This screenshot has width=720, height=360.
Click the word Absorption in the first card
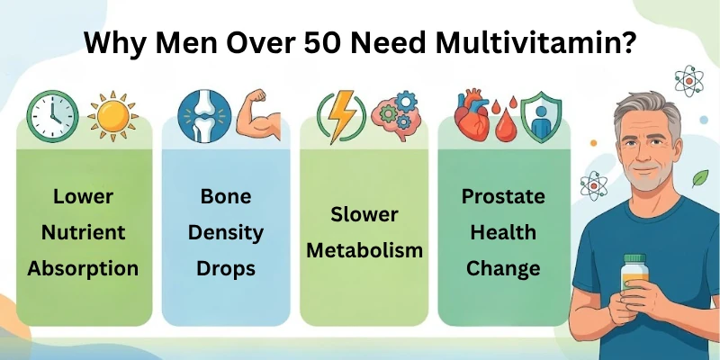pyautogui.click(x=83, y=268)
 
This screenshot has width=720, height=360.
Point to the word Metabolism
pyautogui.click(x=364, y=250)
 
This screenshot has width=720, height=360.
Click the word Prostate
pyautogui.click(x=503, y=197)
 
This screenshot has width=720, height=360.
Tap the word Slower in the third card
pyautogui.click(x=364, y=214)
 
